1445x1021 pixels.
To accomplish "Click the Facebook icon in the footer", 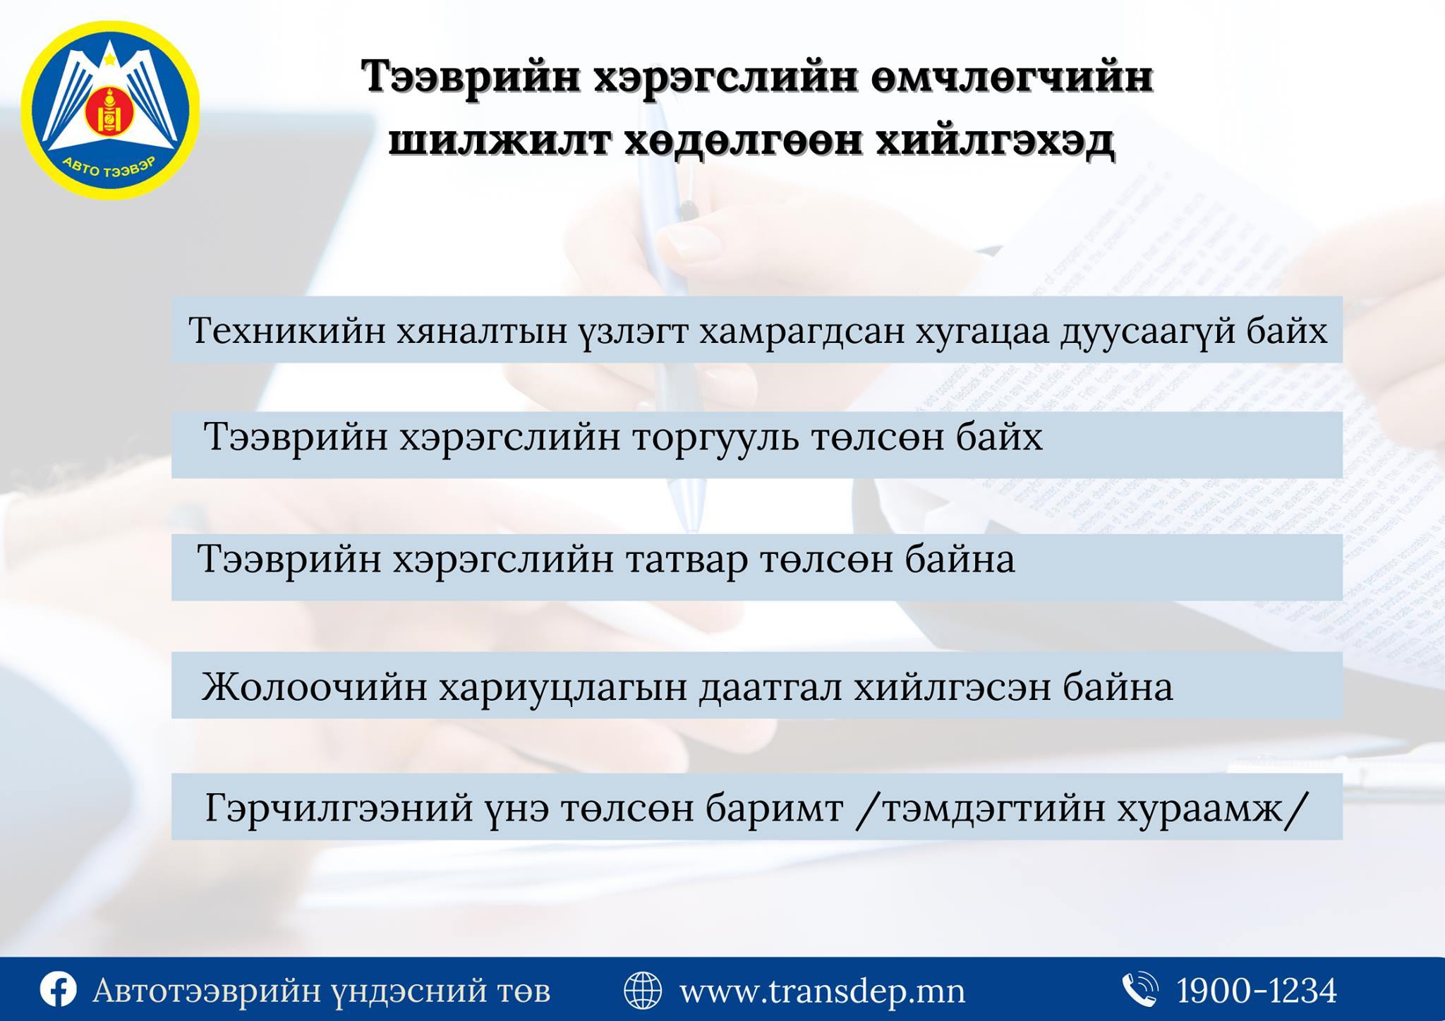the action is (x=58, y=990).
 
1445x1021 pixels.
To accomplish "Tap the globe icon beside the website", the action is (x=643, y=990).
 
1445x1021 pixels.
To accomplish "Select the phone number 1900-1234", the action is (x=1257, y=991).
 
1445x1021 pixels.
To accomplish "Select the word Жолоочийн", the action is (x=314, y=687).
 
